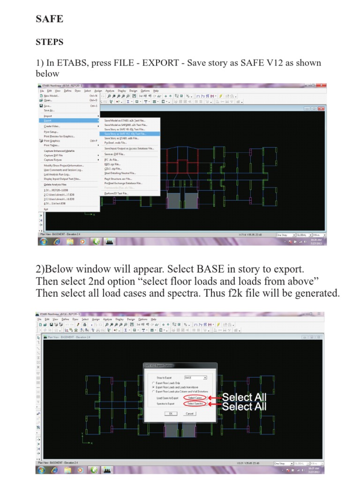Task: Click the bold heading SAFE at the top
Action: pyautogui.click(x=50, y=19)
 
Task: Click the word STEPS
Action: pyautogui.click(x=50, y=42)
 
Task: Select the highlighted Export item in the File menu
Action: pyautogui.click(x=48, y=120)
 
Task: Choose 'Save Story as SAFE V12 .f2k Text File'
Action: pyautogui.click(x=125, y=134)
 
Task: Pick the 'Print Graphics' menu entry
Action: pyautogui.click(x=52, y=141)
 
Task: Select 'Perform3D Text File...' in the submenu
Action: pyautogui.click(x=116, y=193)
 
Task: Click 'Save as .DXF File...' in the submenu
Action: pyautogui.click(x=115, y=154)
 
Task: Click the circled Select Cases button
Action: pyautogui.click(x=195, y=398)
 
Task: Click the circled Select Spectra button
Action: pyautogui.click(x=195, y=404)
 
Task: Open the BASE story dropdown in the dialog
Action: pyautogui.click(x=196, y=377)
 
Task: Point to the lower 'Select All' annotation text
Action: pyautogui.click(x=244, y=407)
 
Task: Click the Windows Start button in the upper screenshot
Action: pyautogui.click(x=43, y=242)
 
